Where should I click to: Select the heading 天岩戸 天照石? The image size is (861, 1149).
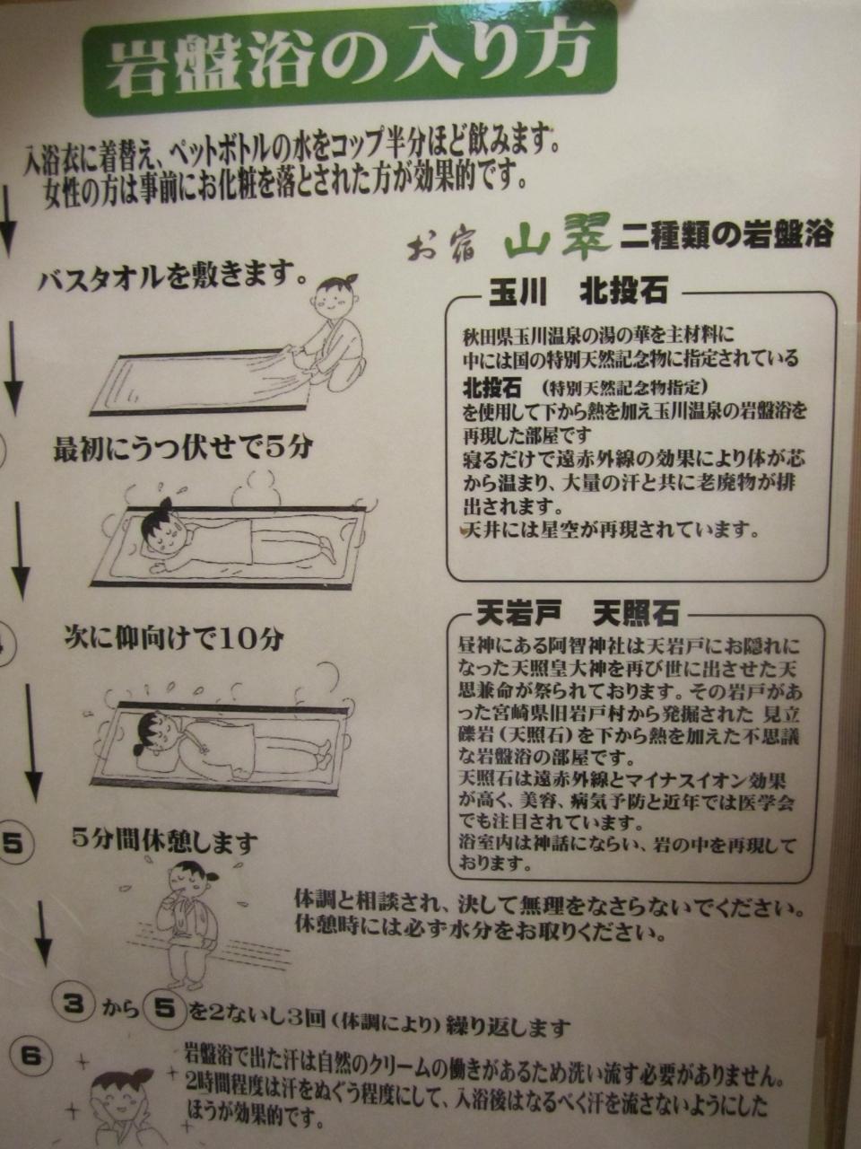click(577, 613)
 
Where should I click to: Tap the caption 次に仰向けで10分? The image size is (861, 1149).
click(174, 639)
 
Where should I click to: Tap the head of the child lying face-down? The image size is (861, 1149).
click(161, 530)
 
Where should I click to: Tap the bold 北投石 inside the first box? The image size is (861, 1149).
click(491, 389)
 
